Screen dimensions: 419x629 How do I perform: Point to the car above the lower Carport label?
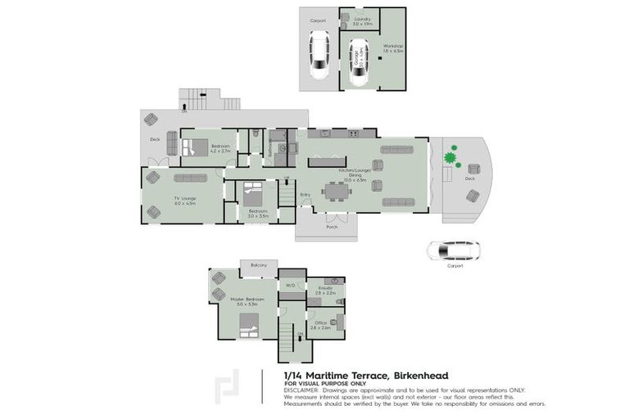[451, 250]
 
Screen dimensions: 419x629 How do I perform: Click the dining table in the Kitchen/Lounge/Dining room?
[337, 191]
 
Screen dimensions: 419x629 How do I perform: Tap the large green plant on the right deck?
[450, 155]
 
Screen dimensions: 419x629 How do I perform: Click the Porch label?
[332, 227]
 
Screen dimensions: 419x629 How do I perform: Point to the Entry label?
[305, 194]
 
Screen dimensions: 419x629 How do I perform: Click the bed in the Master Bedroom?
[249, 324]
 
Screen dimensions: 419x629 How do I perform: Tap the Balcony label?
[259, 265]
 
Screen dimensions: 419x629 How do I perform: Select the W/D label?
[290, 285]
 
